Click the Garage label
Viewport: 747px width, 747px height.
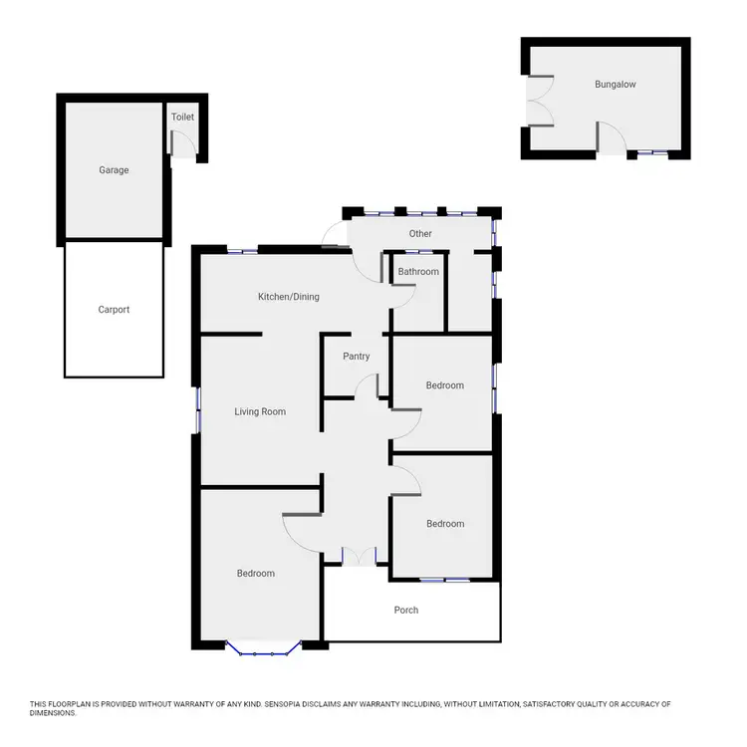coord(114,170)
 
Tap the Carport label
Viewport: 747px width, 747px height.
coord(114,310)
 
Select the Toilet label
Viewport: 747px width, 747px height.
coord(182,118)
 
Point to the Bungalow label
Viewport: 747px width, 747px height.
coord(615,85)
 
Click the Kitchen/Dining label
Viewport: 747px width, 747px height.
coord(289,297)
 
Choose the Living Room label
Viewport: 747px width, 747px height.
coord(260,411)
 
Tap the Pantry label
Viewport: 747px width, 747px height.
coord(356,357)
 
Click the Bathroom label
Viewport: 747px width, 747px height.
coord(418,272)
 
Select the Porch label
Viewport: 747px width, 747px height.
coord(406,610)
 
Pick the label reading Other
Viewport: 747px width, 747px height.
coord(420,234)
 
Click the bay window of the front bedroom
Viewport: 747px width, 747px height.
coord(263,651)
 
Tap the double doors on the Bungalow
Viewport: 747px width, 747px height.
coord(539,101)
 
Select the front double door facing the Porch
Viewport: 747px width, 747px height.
coord(357,556)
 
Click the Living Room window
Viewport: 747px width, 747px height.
coord(198,410)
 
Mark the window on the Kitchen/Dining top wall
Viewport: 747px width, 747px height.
coord(243,250)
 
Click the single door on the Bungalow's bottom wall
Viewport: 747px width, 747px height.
coord(612,139)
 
